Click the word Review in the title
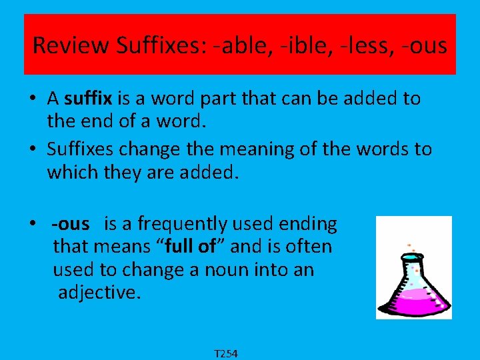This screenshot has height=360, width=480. pos(71,45)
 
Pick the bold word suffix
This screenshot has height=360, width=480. pos(89,99)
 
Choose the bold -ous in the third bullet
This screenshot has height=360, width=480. pos(71,224)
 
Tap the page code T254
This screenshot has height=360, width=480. pos(226,353)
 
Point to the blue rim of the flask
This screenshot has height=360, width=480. pos(413,255)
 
